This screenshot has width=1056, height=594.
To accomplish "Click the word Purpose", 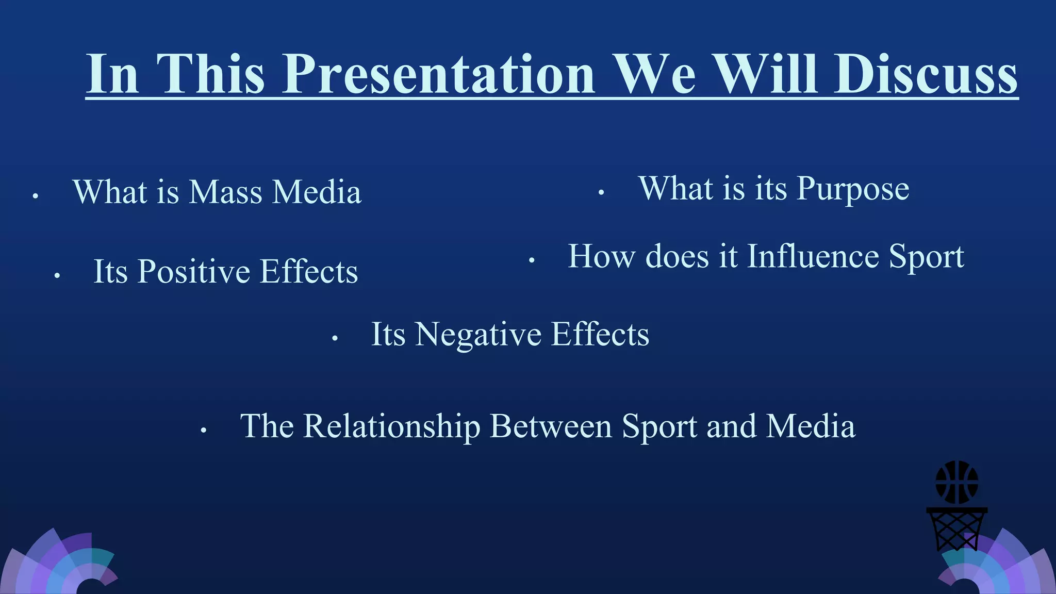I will [x=853, y=189].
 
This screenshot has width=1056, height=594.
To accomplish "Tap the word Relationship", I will [x=391, y=426].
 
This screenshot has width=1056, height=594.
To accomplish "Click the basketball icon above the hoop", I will [x=956, y=482].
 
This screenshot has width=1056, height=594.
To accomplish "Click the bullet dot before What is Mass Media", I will [x=35, y=196].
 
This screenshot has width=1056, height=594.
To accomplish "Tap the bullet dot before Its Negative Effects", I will [x=335, y=339].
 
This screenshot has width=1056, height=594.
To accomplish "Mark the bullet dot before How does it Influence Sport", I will [x=531, y=261].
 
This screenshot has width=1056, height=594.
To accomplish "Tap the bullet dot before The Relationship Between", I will [x=204, y=431].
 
